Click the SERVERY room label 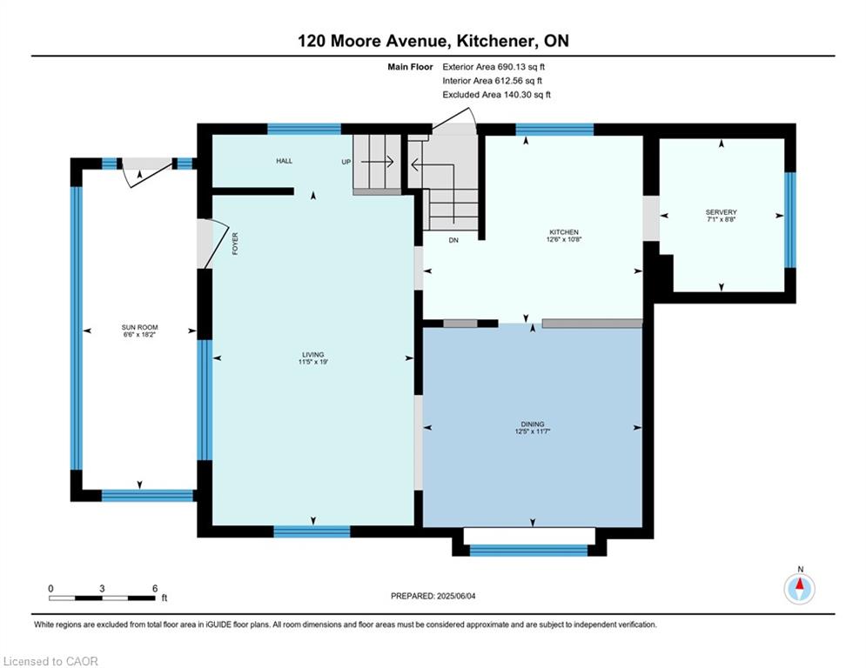pyautogui.click(x=721, y=212)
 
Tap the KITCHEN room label pyautogui.click(x=563, y=232)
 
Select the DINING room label pyautogui.click(x=533, y=424)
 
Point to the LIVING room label pyautogui.click(x=313, y=354)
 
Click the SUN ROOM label pyautogui.click(x=140, y=327)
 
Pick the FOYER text pyautogui.click(x=235, y=244)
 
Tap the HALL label pyautogui.click(x=285, y=161)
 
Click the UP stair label pyautogui.click(x=346, y=162)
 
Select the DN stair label pyautogui.click(x=453, y=240)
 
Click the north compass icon pyautogui.click(x=799, y=589)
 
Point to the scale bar pyautogui.click(x=102, y=598)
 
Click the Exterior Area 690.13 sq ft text pyautogui.click(x=493, y=67)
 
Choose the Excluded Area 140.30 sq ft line pyautogui.click(x=496, y=95)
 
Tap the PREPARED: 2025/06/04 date pyautogui.click(x=433, y=596)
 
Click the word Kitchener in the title pyautogui.click(x=495, y=41)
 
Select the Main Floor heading pyautogui.click(x=410, y=67)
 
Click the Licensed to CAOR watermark pyautogui.click(x=50, y=661)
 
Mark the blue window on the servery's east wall pyautogui.click(x=790, y=220)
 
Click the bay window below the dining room pyautogui.click(x=529, y=550)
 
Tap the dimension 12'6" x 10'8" pyautogui.click(x=563, y=239)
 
